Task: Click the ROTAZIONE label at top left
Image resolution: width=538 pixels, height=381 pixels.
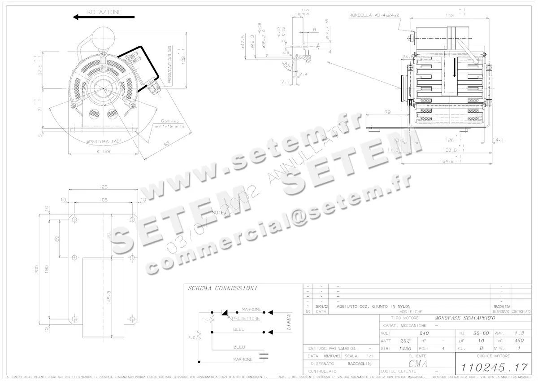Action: [104, 12]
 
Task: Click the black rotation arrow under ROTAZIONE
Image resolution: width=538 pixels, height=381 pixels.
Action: [104, 18]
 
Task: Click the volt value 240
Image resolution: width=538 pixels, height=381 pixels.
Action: [424, 333]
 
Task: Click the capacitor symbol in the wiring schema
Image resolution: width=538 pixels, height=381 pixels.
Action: [265, 357]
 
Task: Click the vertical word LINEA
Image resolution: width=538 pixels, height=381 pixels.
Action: [288, 322]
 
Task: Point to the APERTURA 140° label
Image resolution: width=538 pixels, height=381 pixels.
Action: [104, 141]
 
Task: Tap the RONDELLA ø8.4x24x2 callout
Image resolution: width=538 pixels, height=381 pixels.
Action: [374, 15]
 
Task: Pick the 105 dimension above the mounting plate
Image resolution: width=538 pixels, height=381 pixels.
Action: [103, 199]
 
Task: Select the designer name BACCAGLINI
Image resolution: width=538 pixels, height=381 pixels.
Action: [356, 363]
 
